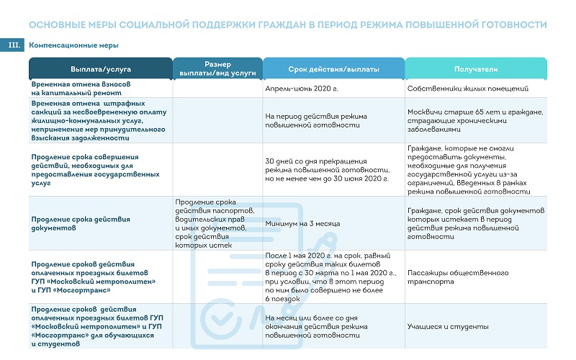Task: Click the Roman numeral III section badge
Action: coord(14,45)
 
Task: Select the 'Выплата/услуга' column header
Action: coord(100,69)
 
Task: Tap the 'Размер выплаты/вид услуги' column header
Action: coord(217,69)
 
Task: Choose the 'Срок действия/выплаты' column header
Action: coord(333,69)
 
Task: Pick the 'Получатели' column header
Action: coord(476,69)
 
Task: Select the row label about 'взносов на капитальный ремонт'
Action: coord(81,89)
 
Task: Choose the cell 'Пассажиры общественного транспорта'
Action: coord(457,277)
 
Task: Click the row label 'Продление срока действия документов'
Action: coord(81,223)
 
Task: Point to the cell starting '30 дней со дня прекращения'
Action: coord(331,170)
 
